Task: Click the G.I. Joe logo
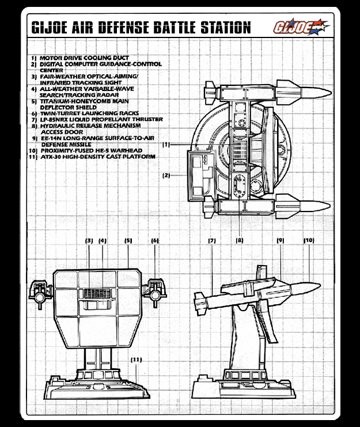tap(301, 27)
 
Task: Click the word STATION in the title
tap(225, 27)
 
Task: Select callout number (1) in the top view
tap(166, 144)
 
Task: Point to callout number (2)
tap(166, 175)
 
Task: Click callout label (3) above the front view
tap(89, 240)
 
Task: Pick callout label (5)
tap(128, 240)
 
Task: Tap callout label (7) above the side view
tap(212, 240)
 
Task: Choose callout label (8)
tap(240, 240)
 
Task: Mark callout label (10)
tap(309, 240)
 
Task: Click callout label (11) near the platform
tap(137, 360)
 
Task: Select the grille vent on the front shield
tap(97, 293)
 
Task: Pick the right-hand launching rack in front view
tap(154, 292)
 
